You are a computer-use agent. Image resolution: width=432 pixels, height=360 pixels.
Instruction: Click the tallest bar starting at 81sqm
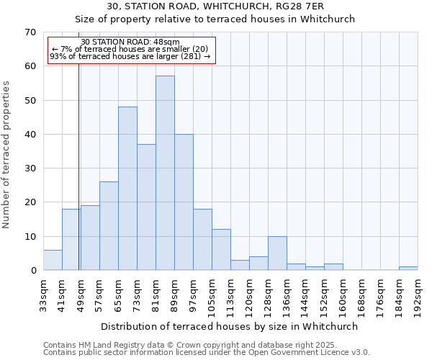click(165, 173)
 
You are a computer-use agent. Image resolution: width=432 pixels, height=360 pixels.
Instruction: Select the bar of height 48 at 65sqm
click(127, 189)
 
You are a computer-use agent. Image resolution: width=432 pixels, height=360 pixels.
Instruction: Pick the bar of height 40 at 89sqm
click(184, 202)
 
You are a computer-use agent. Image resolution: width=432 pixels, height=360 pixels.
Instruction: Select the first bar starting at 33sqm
click(53, 260)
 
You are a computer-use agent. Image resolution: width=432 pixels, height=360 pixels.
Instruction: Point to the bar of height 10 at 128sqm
click(277, 253)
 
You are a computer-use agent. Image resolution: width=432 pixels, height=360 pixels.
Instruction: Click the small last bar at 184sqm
click(408, 269)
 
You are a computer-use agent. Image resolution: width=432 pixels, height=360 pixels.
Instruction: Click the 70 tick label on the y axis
click(30, 32)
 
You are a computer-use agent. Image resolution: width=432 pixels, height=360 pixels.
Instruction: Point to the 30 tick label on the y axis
click(30, 168)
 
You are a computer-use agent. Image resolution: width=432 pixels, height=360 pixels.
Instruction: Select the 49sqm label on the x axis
click(81, 294)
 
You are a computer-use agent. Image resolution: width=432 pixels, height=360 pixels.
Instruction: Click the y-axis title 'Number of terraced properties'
click(7, 155)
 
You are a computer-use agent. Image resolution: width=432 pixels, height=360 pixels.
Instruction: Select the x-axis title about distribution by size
click(230, 326)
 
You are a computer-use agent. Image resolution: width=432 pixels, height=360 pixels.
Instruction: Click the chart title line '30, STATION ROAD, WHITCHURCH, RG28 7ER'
click(215, 6)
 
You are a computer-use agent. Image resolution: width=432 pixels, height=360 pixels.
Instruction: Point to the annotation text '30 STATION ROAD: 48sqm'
click(130, 42)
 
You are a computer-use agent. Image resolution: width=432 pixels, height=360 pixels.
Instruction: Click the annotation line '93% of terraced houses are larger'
click(130, 56)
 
